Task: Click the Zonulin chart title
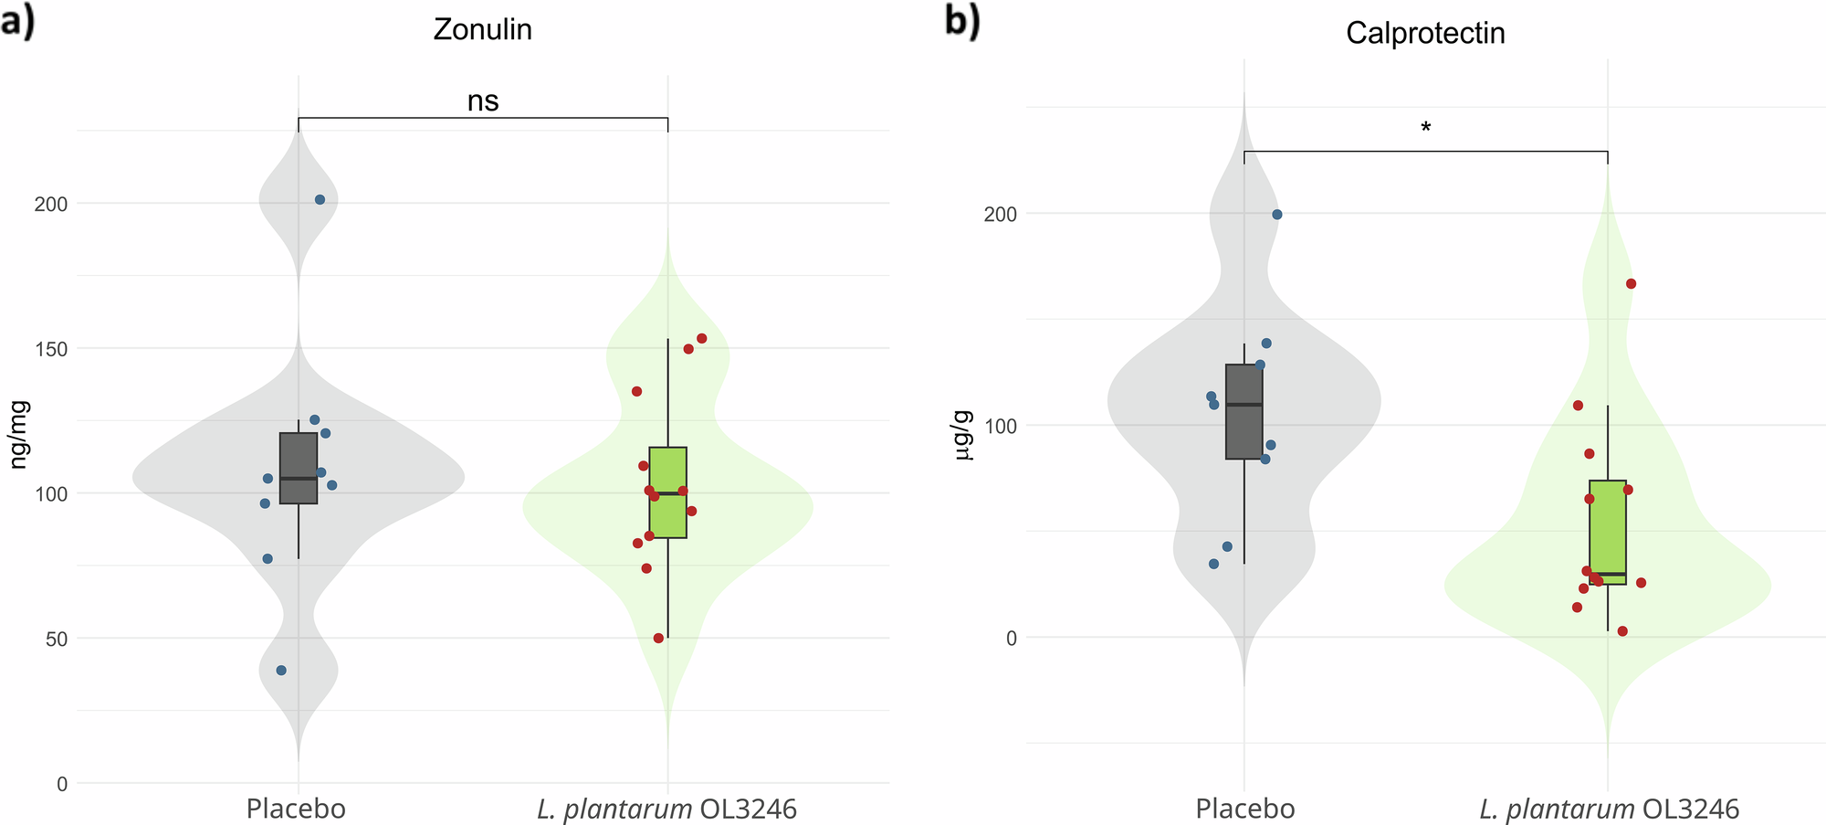coord(482,30)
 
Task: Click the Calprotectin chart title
coord(1424,34)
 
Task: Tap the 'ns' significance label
coord(483,100)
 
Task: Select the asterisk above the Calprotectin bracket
coord(1425,128)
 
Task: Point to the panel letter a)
coord(17,21)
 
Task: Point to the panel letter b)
coord(961,21)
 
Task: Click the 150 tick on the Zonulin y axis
coord(50,349)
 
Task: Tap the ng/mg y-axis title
coord(19,434)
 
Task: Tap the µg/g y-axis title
coord(963,436)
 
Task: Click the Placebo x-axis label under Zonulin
coord(296,809)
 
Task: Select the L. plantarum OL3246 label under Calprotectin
coord(1609,809)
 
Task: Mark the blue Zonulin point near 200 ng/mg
coord(320,199)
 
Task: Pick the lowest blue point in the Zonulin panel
coord(281,671)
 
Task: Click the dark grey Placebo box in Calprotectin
coord(1244,411)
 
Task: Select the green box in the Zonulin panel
coord(667,492)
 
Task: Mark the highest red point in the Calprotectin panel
coord(1631,284)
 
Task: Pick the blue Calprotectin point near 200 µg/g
coord(1276,215)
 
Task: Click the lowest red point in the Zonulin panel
coord(658,639)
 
